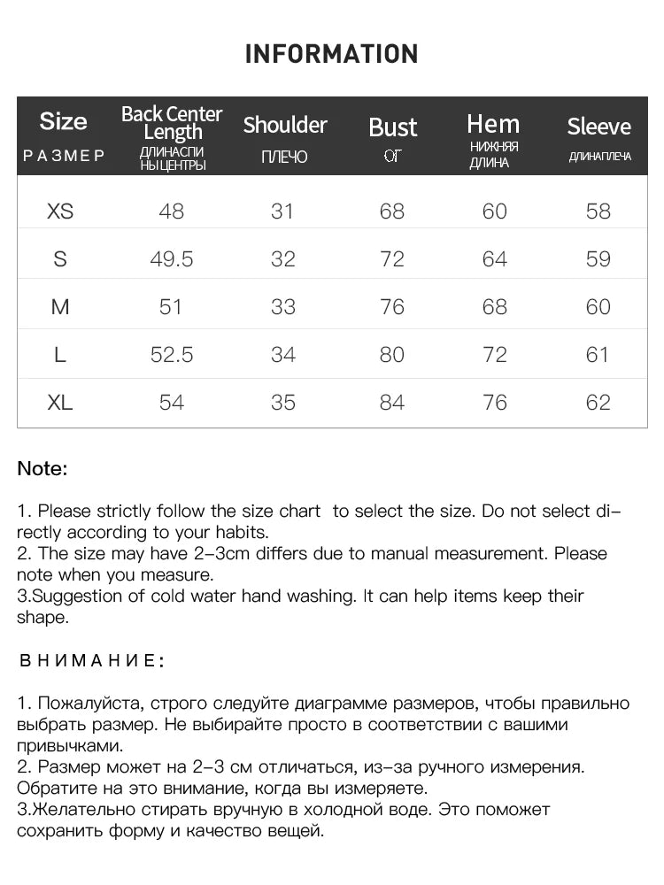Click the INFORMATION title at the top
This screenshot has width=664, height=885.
coord(331,54)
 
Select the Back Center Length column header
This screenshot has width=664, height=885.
coord(172,123)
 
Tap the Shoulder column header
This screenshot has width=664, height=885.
coord(285,125)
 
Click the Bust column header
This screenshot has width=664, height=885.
coord(392,127)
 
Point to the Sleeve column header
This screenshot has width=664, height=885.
coord(598,127)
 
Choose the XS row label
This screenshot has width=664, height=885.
coord(60,212)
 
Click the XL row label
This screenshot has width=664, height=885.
coord(60,403)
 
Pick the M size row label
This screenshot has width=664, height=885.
coord(60,307)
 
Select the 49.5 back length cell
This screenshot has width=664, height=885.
coord(171,259)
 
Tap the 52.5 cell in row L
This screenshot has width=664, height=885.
coord(171,355)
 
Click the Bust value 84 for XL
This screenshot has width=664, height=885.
coord(391,403)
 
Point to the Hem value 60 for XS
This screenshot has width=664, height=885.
coord(494,212)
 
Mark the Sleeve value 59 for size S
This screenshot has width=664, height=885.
coord(598,259)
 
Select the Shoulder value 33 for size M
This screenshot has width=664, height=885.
coord(282,307)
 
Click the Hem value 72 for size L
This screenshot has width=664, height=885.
coord(494,355)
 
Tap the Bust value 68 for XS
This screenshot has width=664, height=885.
coord(391,212)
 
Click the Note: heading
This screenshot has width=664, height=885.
coord(42,469)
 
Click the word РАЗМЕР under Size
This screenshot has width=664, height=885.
coord(64,157)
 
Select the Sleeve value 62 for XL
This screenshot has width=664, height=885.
coord(598,403)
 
